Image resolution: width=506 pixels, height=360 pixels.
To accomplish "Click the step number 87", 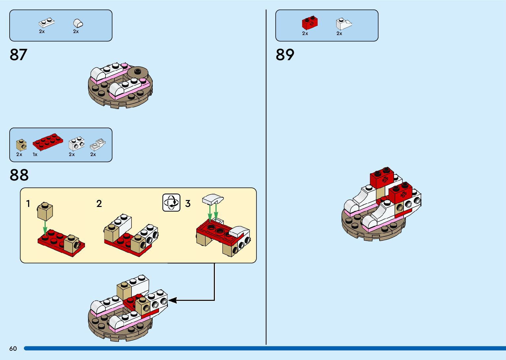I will (19, 55).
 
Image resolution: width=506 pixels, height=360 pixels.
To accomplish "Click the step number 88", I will (19, 175).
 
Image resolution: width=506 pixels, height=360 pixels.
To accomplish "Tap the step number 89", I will (285, 55).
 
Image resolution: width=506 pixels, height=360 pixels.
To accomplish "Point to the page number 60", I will (13, 348).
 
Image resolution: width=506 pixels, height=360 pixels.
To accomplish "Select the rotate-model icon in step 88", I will (172, 202).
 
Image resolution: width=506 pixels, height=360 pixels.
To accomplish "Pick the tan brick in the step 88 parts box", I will (21, 145).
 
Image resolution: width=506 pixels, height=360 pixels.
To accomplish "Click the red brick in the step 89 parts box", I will (310, 22).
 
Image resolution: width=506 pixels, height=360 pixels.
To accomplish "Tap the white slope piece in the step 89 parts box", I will (343, 24).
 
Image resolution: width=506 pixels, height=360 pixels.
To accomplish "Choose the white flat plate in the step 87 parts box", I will (46, 23).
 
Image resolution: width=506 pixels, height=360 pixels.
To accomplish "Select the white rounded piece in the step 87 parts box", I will (78, 23).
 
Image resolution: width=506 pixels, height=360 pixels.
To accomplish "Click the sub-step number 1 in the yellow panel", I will (28, 204).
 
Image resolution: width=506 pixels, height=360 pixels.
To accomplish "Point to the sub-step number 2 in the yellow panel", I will (99, 204).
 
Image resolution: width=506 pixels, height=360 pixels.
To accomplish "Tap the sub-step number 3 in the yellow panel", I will (188, 204).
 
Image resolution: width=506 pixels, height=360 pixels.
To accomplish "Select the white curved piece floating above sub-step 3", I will (213, 199).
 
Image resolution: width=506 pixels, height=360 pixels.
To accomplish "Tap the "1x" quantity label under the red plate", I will (35, 154).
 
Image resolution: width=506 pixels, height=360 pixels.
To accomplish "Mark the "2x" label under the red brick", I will (305, 33).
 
